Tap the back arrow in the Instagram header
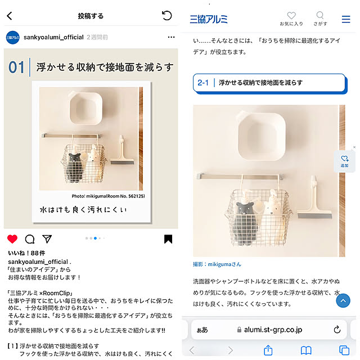click(x=10, y=16)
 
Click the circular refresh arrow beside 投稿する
click(x=167, y=16)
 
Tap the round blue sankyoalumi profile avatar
click(x=13, y=38)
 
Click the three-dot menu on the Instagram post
click(x=171, y=37)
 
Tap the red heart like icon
click(x=12, y=238)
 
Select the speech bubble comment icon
click(x=30, y=239)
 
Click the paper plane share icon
click(x=47, y=238)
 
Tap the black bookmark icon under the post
click(x=168, y=238)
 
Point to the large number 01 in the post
click(x=16, y=67)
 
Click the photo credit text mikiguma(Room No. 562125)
click(x=115, y=196)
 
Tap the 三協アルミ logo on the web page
click(x=209, y=19)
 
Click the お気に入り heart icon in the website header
click(x=291, y=15)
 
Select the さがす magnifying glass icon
click(x=320, y=15)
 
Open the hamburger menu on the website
click(x=346, y=19)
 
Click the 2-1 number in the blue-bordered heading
click(x=203, y=83)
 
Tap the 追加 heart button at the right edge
click(x=344, y=161)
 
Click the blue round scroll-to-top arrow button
click(x=343, y=300)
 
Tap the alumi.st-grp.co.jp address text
click(x=273, y=330)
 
